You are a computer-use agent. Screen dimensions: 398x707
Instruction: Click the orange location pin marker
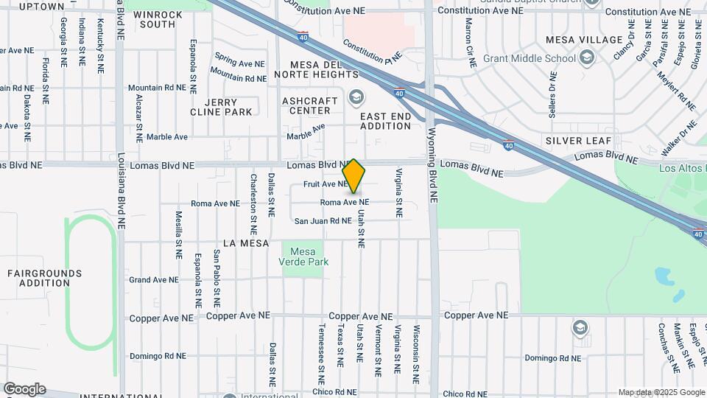[x=354, y=175]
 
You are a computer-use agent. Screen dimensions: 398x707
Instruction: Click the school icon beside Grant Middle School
[x=587, y=57]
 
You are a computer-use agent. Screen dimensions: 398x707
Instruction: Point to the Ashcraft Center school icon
[x=356, y=97]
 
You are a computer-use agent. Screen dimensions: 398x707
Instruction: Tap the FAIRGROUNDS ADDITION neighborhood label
[x=38, y=278]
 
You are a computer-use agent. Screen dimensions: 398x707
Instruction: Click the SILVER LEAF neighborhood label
[x=574, y=140]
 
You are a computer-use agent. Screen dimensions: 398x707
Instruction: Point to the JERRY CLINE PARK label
[x=221, y=107]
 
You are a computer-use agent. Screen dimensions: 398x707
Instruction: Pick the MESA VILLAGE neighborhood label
[x=584, y=40]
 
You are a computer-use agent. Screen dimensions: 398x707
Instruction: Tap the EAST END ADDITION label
[x=385, y=121]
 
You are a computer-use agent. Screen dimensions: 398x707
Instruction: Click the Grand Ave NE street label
[x=154, y=280]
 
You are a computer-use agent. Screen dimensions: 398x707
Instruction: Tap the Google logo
[x=24, y=389]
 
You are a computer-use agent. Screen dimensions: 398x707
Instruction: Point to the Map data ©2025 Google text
[x=661, y=392]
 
